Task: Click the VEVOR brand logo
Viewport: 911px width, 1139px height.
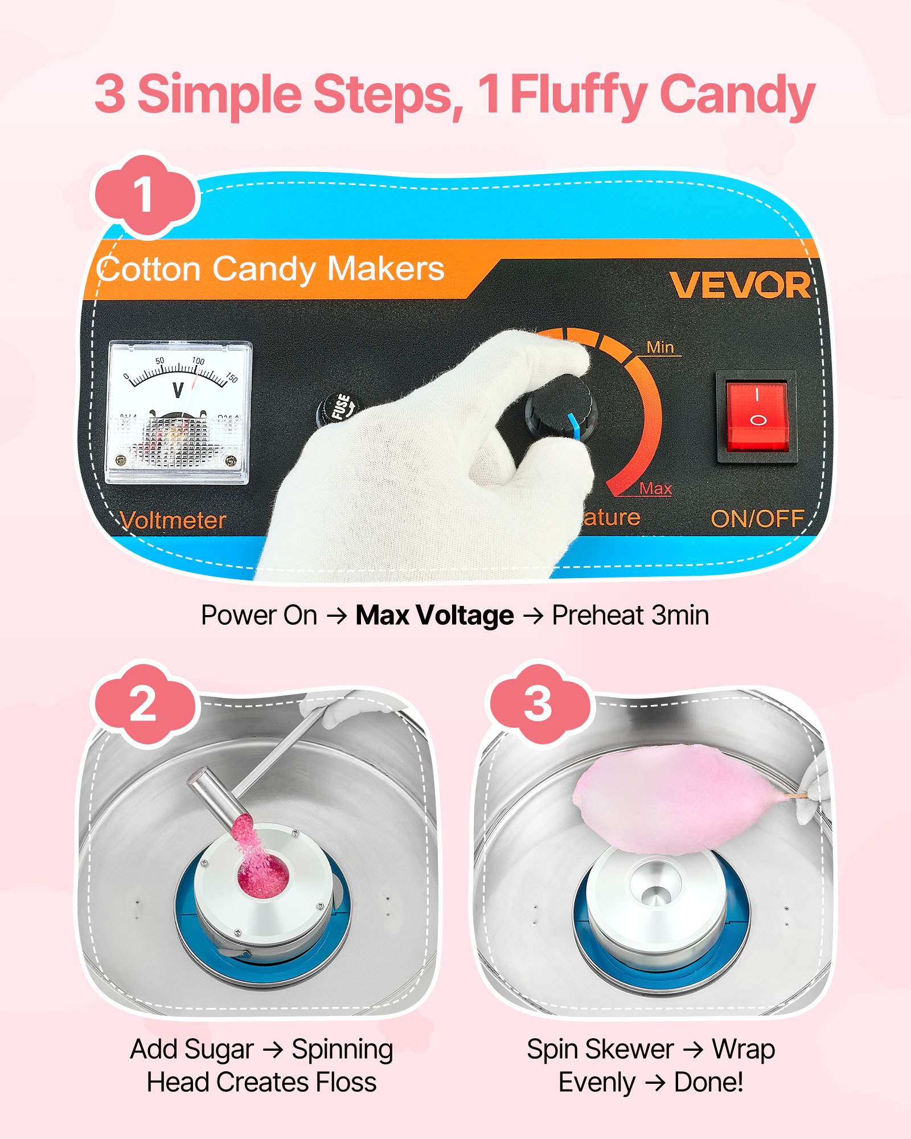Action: point(740,285)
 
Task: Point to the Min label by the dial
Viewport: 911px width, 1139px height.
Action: point(660,347)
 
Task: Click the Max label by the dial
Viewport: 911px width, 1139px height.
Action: point(655,489)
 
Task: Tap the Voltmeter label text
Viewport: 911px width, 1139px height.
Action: point(174,521)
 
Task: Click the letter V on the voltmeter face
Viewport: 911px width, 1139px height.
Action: point(178,391)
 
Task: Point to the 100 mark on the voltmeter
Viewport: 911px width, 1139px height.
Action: point(198,361)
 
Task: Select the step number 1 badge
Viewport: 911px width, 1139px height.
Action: point(143,195)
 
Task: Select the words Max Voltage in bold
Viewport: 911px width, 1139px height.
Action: point(434,616)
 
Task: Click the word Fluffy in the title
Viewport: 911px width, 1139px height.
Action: point(578,95)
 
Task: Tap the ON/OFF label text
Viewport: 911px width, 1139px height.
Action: point(757,519)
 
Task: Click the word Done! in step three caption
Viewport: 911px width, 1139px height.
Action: point(708,1083)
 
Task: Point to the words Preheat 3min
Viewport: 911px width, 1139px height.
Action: point(630,616)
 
